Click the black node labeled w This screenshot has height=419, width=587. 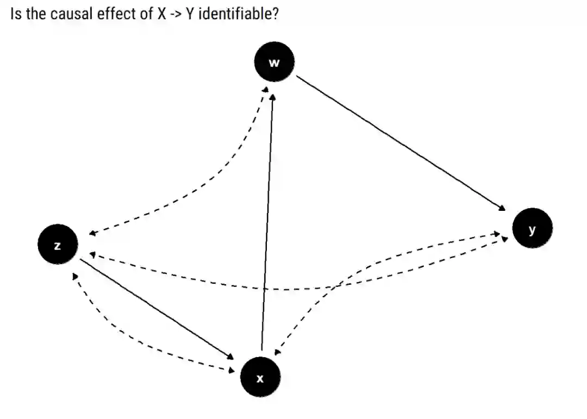[274, 61]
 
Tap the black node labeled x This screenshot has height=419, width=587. [260, 377]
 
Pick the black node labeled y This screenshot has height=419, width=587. [532, 228]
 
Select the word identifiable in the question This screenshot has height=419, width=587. [239, 14]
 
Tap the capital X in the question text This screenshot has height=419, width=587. [161, 14]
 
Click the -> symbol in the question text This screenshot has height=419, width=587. [176, 14]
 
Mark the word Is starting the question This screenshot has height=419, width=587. [16, 14]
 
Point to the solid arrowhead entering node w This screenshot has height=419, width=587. [273, 97]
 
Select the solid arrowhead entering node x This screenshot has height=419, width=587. [230, 357]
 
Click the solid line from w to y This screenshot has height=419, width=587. [399, 142]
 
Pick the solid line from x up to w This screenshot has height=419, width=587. [267, 223]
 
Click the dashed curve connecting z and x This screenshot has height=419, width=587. [136, 343]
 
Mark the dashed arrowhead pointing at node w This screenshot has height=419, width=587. [265, 89]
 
